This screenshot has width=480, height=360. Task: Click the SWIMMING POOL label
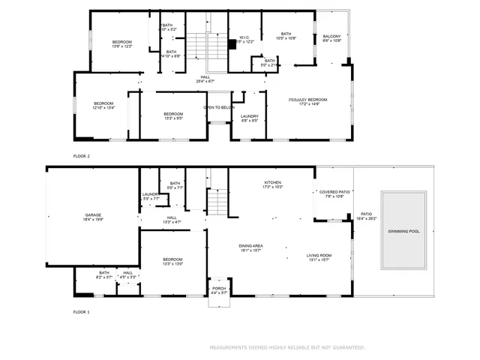click(404, 231)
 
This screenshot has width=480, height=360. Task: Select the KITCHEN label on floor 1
click(271, 184)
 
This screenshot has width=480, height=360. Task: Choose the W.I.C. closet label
click(244, 39)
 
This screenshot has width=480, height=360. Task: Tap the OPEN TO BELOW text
click(219, 107)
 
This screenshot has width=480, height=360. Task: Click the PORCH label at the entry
click(219, 290)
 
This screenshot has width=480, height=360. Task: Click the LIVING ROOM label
click(319, 257)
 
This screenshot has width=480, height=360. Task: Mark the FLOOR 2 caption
click(81, 156)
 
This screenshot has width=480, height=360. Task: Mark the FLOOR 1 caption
click(81, 311)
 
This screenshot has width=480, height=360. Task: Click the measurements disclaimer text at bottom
click(287, 347)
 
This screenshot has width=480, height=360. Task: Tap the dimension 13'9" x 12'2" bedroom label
click(122, 43)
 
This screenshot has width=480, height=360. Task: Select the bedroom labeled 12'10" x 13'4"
click(103, 105)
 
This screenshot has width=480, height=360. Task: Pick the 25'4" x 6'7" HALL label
click(205, 79)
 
